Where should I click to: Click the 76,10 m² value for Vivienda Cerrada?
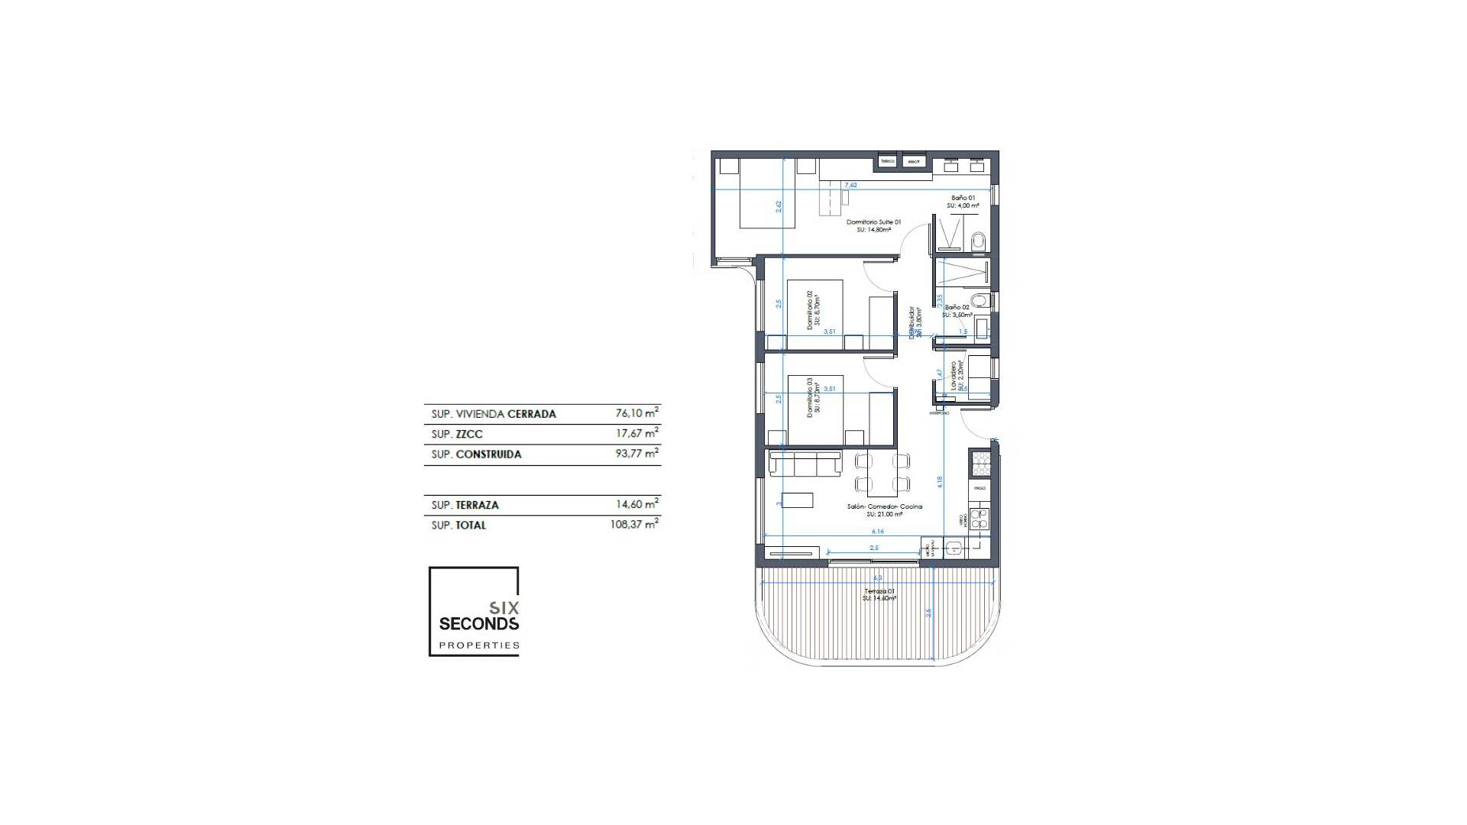click(x=636, y=413)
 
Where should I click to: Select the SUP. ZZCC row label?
click(x=457, y=434)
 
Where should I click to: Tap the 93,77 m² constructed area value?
click(x=636, y=454)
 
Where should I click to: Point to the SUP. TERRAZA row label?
click(x=465, y=505)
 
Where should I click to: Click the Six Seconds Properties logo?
click(x=474, y=611)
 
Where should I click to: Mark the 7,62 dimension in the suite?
click(x=850, y=185)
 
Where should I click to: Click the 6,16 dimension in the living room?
click(x=876, y=531)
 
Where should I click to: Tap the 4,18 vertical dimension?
click(x=940, y=482)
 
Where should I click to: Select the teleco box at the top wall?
click(x=887, y=161)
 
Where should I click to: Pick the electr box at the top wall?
click(x=913, y=161)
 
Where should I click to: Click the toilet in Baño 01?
click(x=978, y=243)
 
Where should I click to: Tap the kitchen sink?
click(x=954, y=548)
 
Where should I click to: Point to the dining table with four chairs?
click(x=882, y=472)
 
